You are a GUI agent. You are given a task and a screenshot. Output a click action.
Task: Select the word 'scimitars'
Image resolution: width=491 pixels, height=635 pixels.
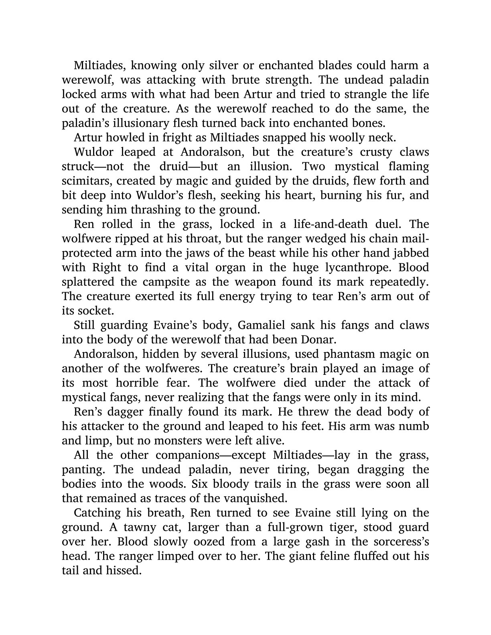[83, 181]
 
